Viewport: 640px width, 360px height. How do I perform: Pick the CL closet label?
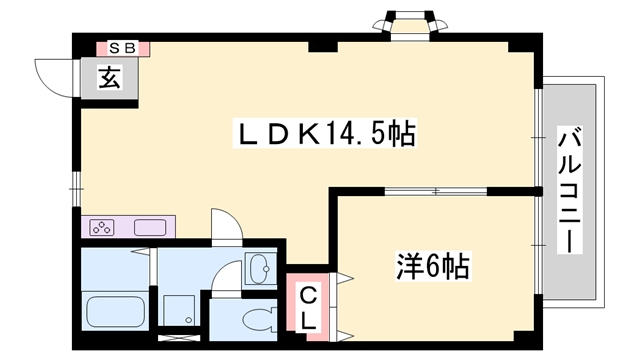click(309, 307)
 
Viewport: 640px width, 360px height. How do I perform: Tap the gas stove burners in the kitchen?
click(101, 226)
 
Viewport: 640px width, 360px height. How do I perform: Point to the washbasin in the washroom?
click(258, 268)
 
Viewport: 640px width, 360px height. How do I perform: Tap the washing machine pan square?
click(180, 310)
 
